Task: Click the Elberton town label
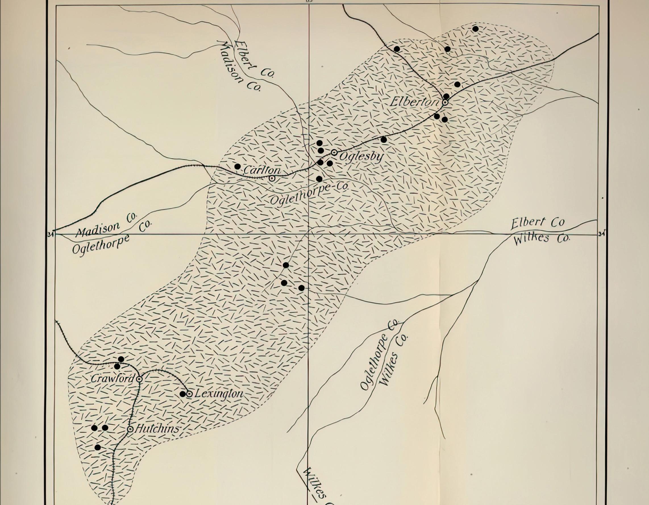[x=414, y=102]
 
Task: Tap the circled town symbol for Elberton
[x=445, y=102]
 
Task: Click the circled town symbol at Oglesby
[x=334, y=152]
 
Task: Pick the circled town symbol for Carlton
[x=272, y=179]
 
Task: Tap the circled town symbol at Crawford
[x=139, y=379]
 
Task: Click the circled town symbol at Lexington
[x=189, y=394]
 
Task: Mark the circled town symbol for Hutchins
[x=130, y=429]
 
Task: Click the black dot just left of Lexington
[x=183, y=394]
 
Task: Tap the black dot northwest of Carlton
[x=238, y=166]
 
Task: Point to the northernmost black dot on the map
[x=475, y=29]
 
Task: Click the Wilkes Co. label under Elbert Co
[x=541, y=238]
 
